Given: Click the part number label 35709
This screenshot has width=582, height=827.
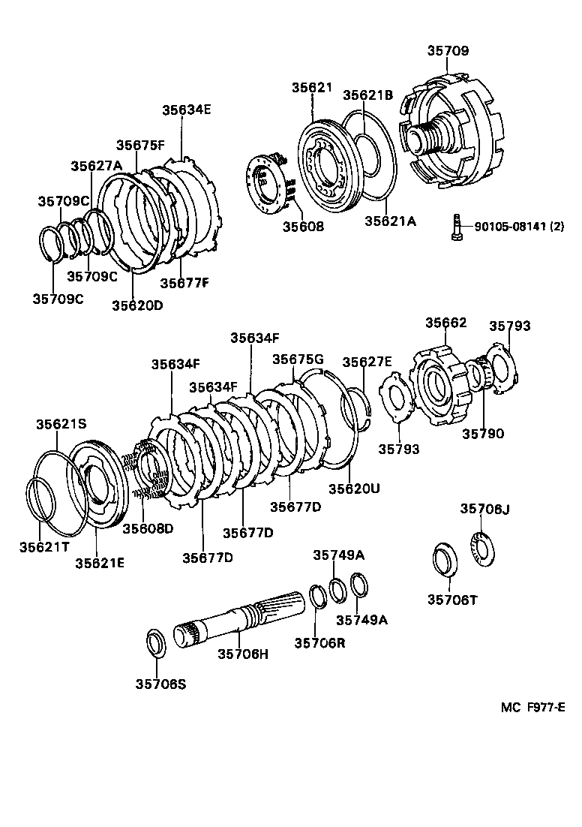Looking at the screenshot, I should coord(448,52).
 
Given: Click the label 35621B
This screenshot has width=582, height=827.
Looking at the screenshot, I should coord(368,95).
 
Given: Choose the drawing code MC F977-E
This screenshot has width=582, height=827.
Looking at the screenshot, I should coord(532,707).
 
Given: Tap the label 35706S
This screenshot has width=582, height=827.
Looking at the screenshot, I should coord(160,683).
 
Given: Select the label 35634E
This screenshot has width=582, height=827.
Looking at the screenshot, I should coord(187,110).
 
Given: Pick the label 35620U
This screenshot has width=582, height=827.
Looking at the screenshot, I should coord(354,488).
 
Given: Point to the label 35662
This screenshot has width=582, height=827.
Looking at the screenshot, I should coord(446,323).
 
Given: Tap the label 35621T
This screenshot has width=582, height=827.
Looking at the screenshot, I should coord(44,544).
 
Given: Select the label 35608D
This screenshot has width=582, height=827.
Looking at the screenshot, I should coord(148,528).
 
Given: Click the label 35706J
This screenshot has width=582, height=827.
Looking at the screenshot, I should coord(484,509).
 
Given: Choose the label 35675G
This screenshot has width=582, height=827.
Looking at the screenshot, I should coord(297,359).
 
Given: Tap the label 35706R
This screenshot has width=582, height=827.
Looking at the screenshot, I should coord(319,642).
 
